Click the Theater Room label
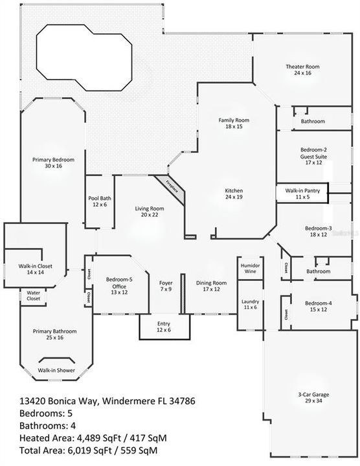(x=302, y=69)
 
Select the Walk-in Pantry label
(x=302, y=194)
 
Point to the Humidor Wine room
(x=251, y=268)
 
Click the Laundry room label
(x=251, y=304)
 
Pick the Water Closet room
(x=33, y=296)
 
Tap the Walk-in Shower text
(x=56, y=370)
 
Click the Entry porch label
(x=164, y=327)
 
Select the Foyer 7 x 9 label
(x=166, y=286)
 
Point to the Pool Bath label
(x=100, y=201)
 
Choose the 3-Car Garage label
(x=313, y=397)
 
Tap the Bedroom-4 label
(x=319, y=306)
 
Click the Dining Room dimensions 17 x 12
(x=211, y=289)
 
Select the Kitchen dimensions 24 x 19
(x=234, y=197)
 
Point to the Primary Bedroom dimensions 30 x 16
(x=54, y=166)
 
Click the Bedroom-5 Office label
(x=119, y=286)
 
